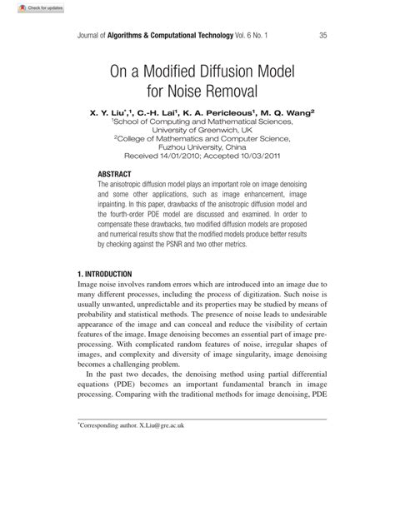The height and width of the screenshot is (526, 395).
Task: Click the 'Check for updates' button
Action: tap(25, 7)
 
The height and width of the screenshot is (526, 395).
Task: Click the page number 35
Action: tap(322, 36)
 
